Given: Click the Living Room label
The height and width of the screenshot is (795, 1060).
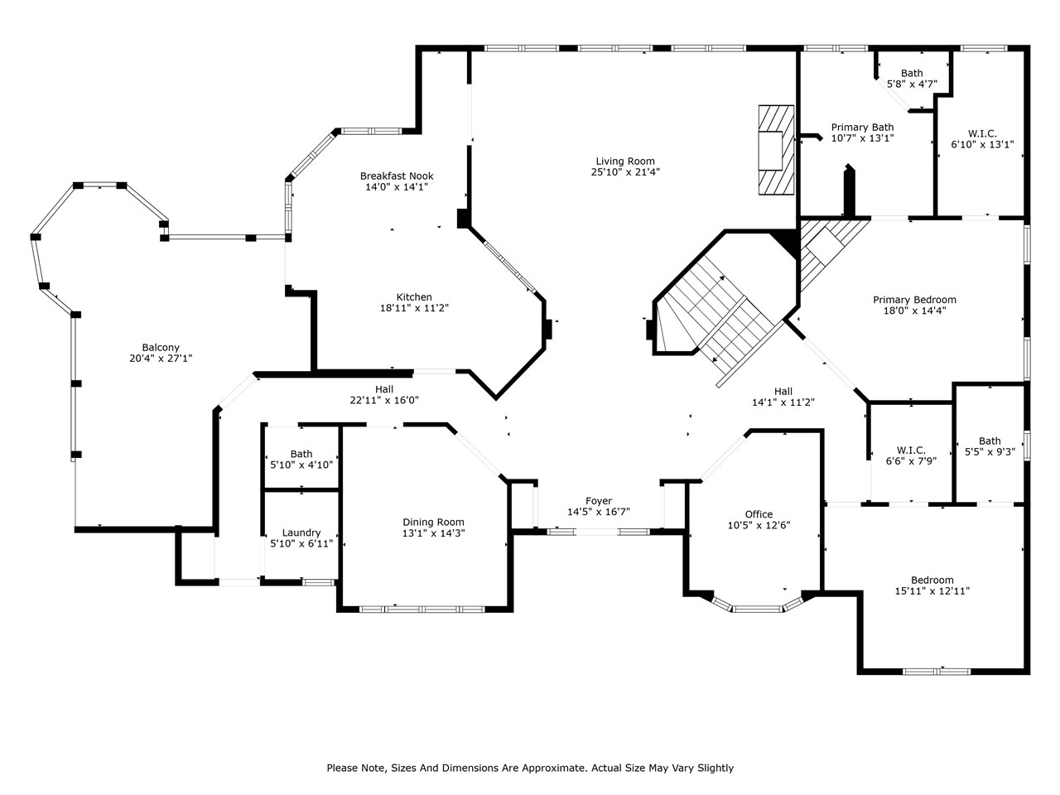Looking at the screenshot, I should click(624, 161).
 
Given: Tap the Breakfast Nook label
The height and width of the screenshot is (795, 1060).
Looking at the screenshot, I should click(396, 176).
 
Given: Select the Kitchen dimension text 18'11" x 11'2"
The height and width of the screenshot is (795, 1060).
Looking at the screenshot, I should click(414, 308).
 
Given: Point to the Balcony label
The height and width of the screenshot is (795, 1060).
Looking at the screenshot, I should click(161, 348).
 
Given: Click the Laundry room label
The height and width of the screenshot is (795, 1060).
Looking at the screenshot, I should click(301, 532).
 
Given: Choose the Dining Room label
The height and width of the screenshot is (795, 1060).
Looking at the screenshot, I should click(433, 522).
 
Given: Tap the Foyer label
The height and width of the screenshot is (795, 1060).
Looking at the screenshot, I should click(598, 501).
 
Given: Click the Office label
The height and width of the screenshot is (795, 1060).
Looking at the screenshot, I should click(758, 514).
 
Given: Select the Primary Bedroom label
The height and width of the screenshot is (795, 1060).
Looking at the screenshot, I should click(914, 300).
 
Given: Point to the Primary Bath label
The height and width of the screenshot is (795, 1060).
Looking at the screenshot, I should click(862, 128).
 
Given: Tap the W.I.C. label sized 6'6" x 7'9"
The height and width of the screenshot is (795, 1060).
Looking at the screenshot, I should click(910, 450).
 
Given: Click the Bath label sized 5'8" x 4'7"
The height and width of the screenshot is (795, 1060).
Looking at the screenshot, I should click(912, 73).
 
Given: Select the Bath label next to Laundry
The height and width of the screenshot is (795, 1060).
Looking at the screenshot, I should click(301, 454).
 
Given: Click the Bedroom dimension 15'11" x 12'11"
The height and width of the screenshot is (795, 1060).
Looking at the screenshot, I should click(932, 591).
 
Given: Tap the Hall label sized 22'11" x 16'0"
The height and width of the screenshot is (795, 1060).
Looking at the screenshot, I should click(383, 389).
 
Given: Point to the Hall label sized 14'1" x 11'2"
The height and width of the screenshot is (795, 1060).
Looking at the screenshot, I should click(783, 392).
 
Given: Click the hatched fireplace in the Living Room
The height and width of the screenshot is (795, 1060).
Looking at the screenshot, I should click(775, 150).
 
